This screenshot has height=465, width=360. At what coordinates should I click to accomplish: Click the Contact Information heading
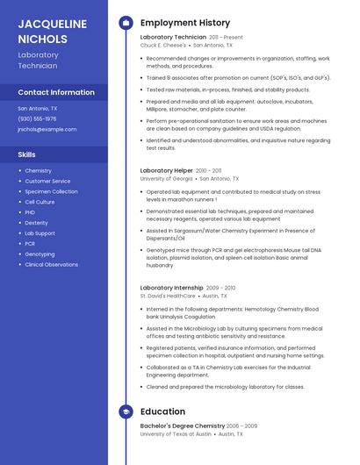pyautogui.click(x=56, y=92)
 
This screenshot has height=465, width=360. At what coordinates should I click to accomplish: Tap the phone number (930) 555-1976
pyautogui.click(x=37, y=118)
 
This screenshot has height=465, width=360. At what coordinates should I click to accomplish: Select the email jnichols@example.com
pyautogui.click(x=47, y=129)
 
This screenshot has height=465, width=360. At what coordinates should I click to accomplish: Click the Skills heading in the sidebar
pyautogui.click(x=26, y=154)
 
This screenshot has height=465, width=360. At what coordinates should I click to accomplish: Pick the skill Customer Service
pyautogui.click(x=47, y=181)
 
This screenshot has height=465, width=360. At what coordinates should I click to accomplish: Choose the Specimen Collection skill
pyautogui.click(x=51, y=191)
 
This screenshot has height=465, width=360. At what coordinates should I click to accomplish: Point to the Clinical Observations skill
pyautogui.click(x=51, y=264)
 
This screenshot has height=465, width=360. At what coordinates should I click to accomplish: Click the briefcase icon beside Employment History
pyautogui.click(x=126, y=23)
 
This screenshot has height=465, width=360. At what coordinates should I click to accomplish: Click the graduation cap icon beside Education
pyautogui.click(x=126, y=411)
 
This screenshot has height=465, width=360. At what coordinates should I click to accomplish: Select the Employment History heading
pyautogui.click(x=185, y=23)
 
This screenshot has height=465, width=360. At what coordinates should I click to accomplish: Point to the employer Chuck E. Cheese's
pyautogui.click(x=163, y=45)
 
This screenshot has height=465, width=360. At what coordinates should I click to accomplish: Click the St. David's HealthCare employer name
pyautogui.click(x=168, y=296)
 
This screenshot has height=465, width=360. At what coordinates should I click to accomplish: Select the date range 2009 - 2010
pyautogui.click(x=221, y=288)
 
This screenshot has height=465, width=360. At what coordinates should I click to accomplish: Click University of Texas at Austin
pyautogui.click(x=176, y=433)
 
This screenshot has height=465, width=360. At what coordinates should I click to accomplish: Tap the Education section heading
pyautogui.click(x=162, y=411)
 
